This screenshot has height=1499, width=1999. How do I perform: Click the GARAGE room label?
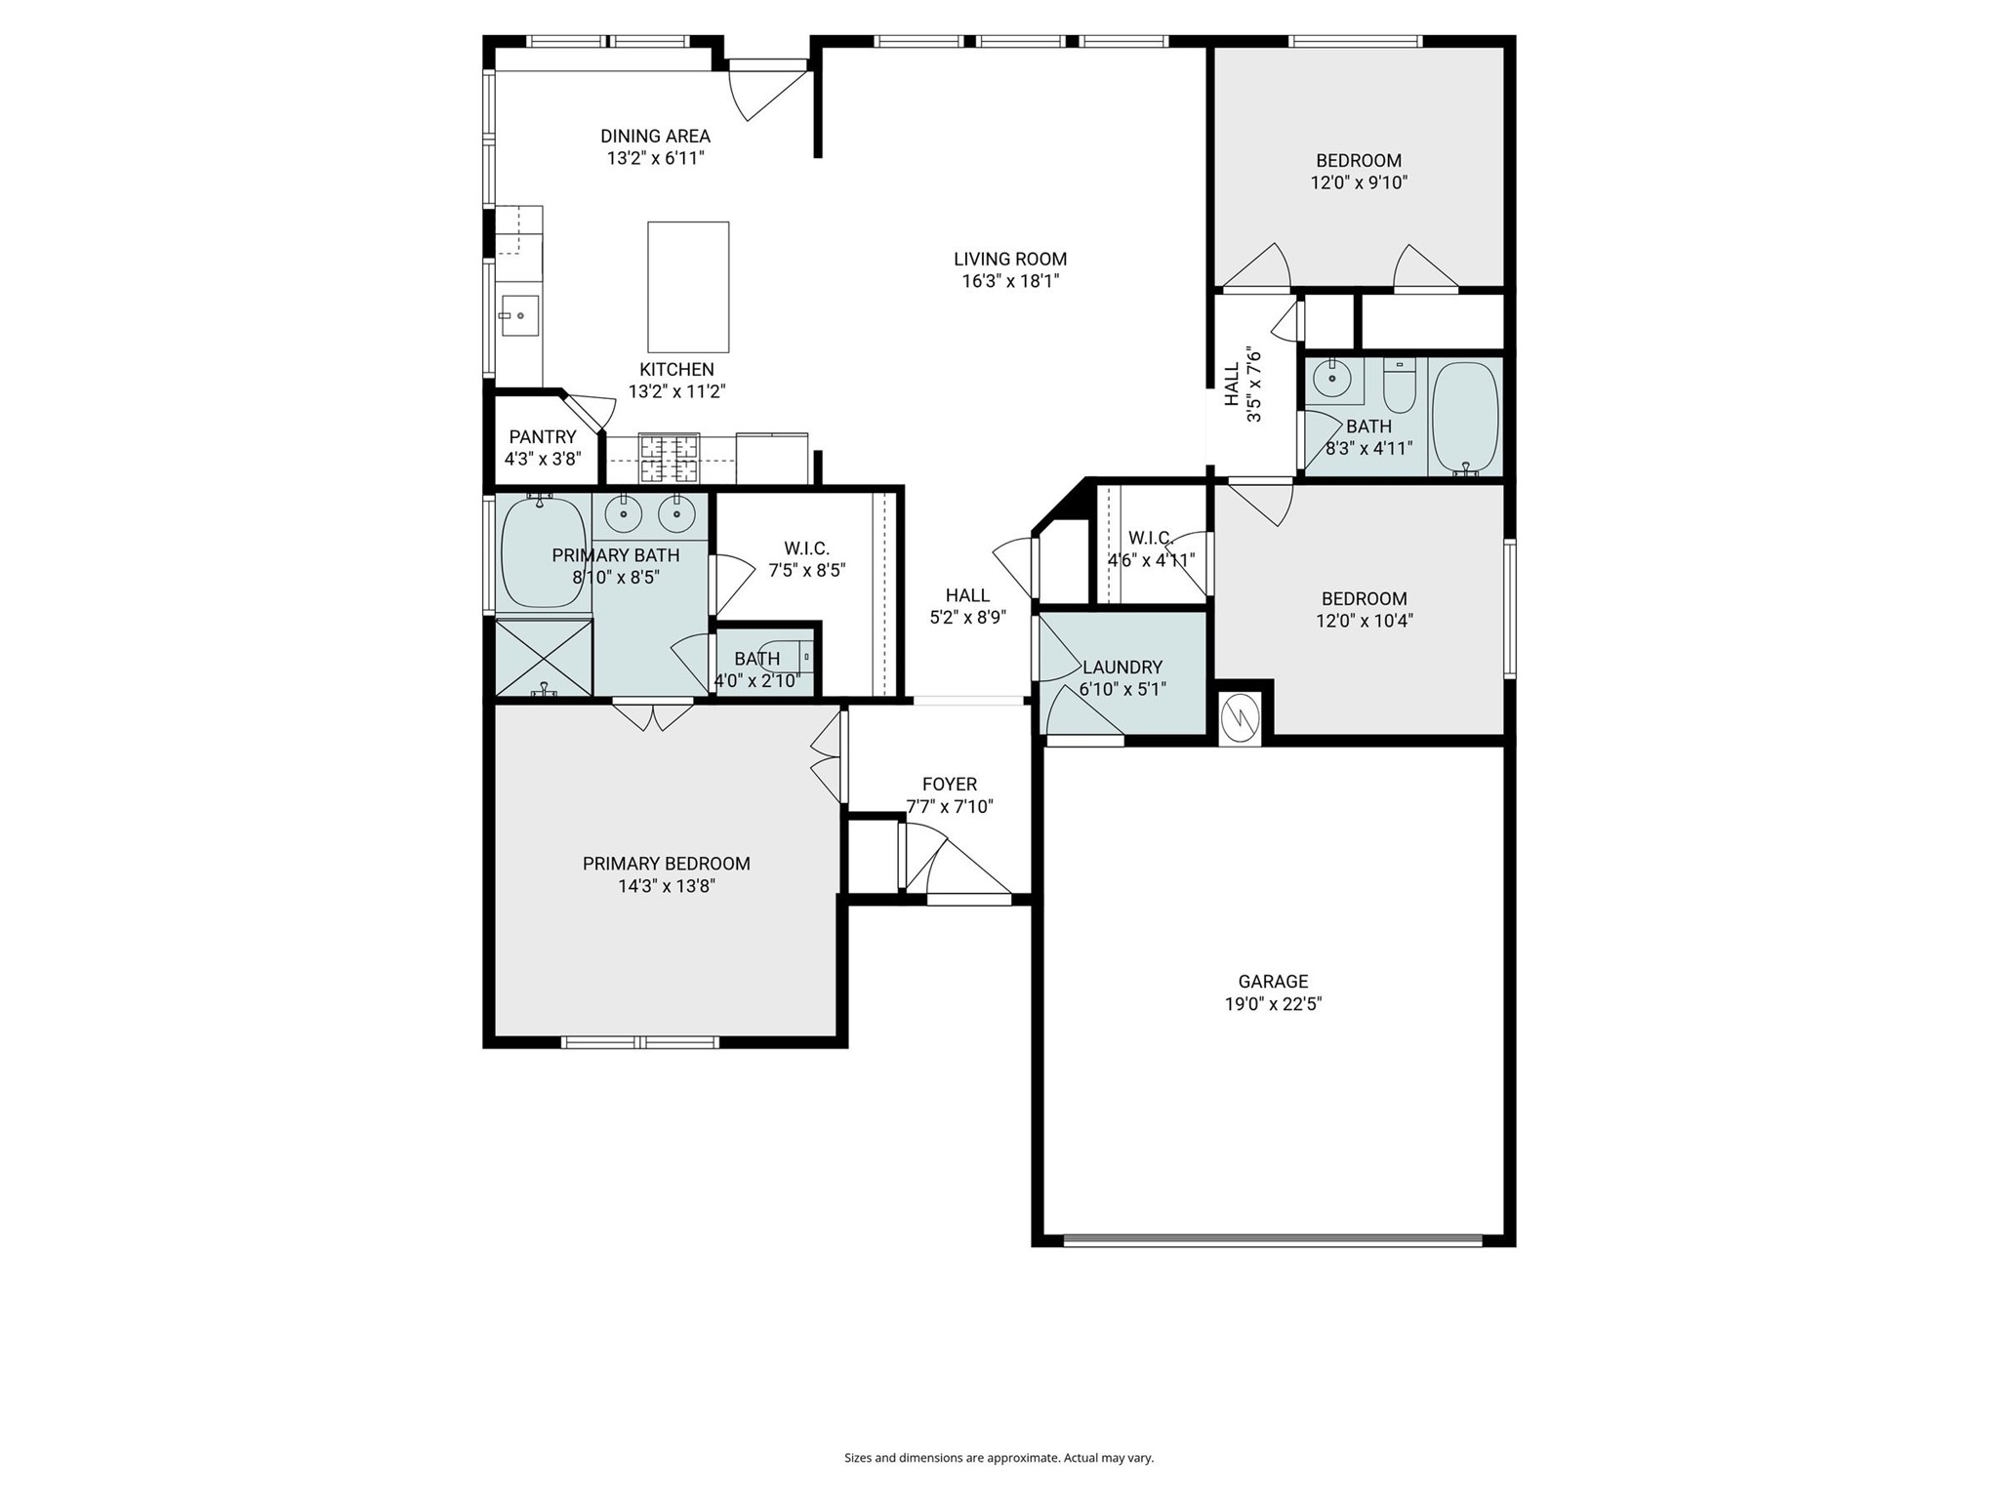tap(1273, 981)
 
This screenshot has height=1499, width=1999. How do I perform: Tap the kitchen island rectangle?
tap(688, 287)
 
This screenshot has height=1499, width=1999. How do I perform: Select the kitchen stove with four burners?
tap(669, 459)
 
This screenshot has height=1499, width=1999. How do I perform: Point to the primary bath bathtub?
tap(542, 553)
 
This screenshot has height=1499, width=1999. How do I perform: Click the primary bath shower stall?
tap(544, 659)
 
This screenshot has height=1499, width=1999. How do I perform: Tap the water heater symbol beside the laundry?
tap(1240, 719)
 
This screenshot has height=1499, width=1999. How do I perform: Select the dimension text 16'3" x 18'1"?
tap(1010, 281)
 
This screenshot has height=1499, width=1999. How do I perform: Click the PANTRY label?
tap(543, 436)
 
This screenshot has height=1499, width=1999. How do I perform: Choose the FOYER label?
tap(949, 784)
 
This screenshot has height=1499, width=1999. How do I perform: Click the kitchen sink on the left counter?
tap(519, 315)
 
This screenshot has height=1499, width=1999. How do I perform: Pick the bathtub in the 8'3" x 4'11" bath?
tap(1464, 418)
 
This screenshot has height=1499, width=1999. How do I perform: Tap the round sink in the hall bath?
tap(1329, 376)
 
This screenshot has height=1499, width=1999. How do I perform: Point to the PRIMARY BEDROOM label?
tap(666, 864)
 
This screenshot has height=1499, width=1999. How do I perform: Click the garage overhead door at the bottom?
tap(1272, 1241)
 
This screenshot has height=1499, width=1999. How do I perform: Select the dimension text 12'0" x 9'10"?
tap(1359, 182)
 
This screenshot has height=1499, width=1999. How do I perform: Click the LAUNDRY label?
tap(1122, 667)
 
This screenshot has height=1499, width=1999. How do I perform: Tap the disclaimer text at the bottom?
tap(999, 1458)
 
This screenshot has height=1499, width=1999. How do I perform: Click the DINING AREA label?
tap(655, 136)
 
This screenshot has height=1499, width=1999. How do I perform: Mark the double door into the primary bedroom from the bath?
tap(653, 714)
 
